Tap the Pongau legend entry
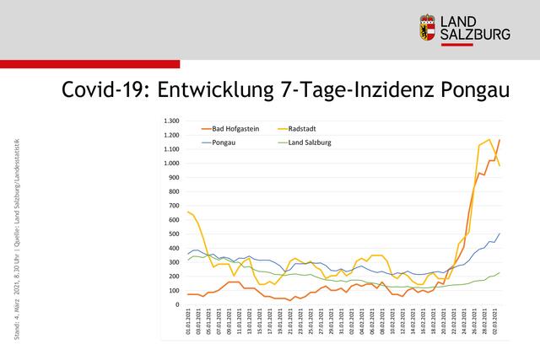pos(224,142)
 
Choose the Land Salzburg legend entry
pos(308,142)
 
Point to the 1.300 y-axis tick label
pos(170,121)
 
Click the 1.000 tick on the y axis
pos(170,163)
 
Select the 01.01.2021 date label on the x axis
pos(188,323)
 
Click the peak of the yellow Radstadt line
pos(489,140)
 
